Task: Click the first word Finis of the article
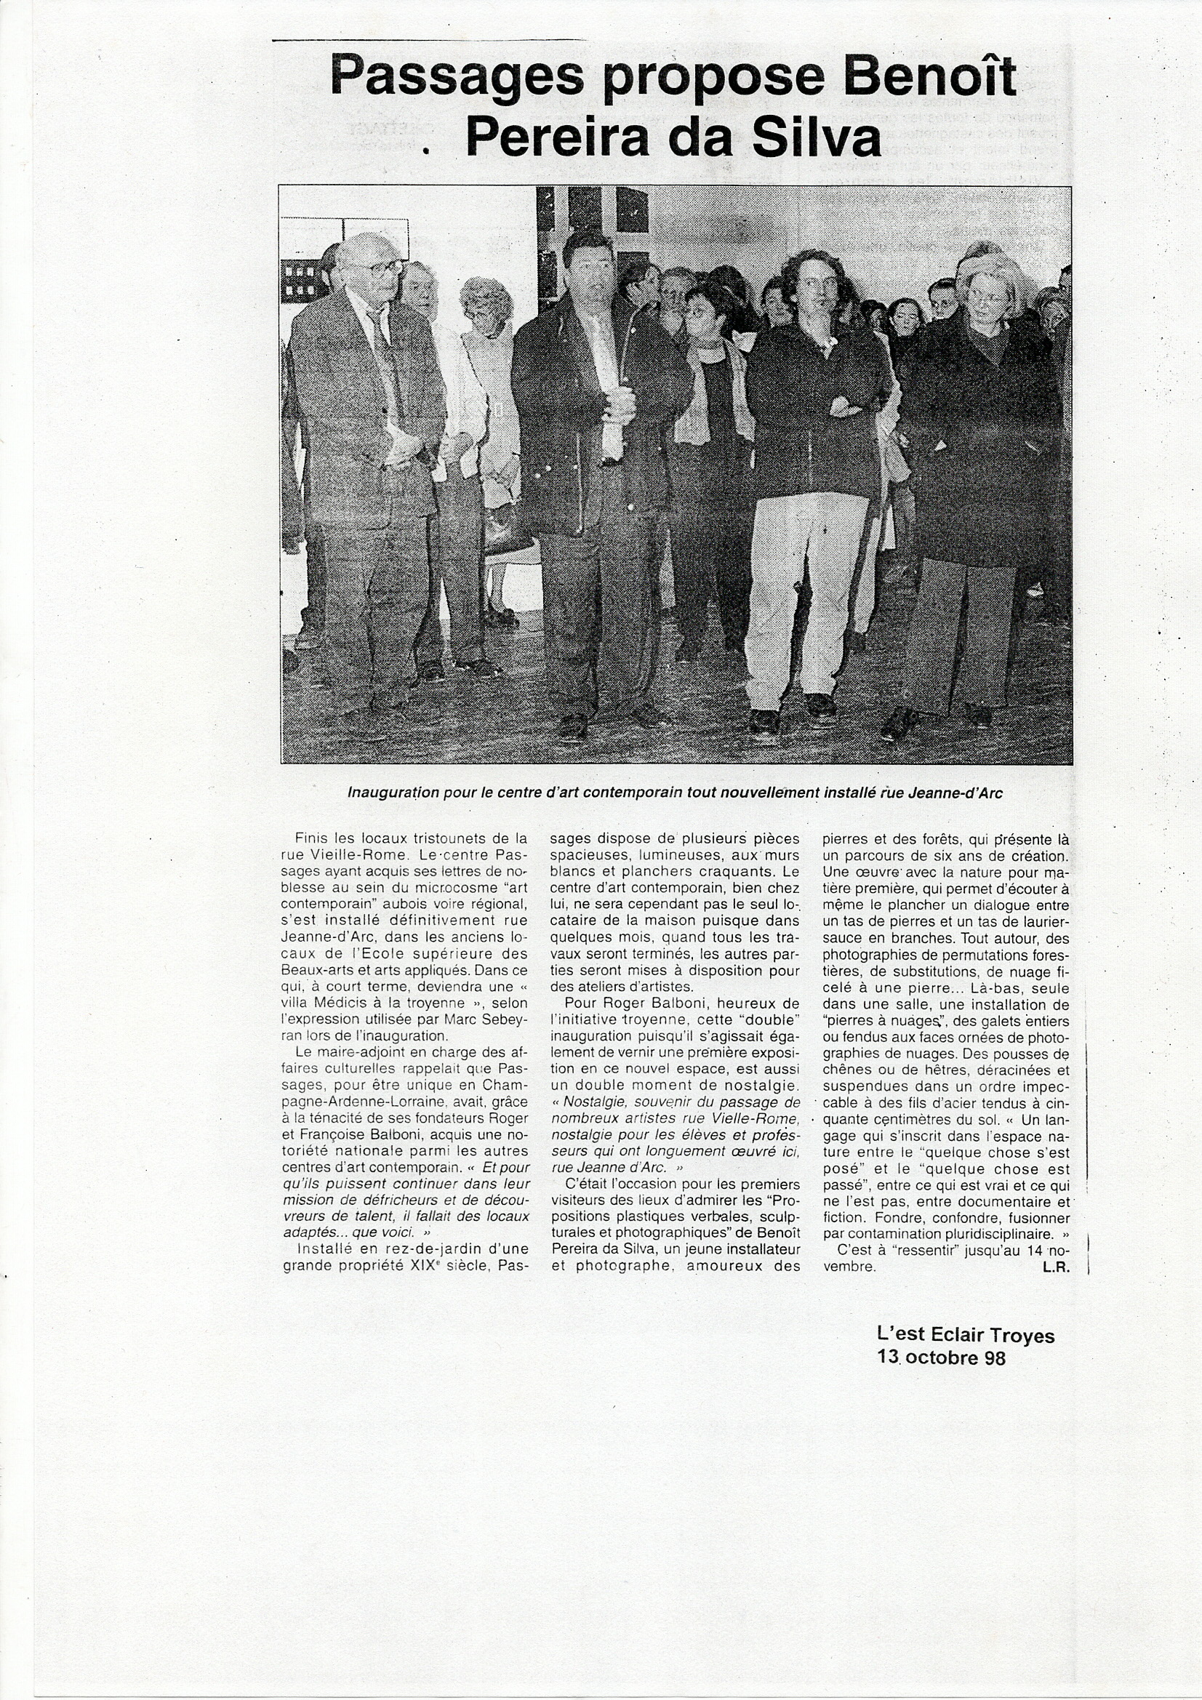311,839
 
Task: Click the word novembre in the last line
849,1266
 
